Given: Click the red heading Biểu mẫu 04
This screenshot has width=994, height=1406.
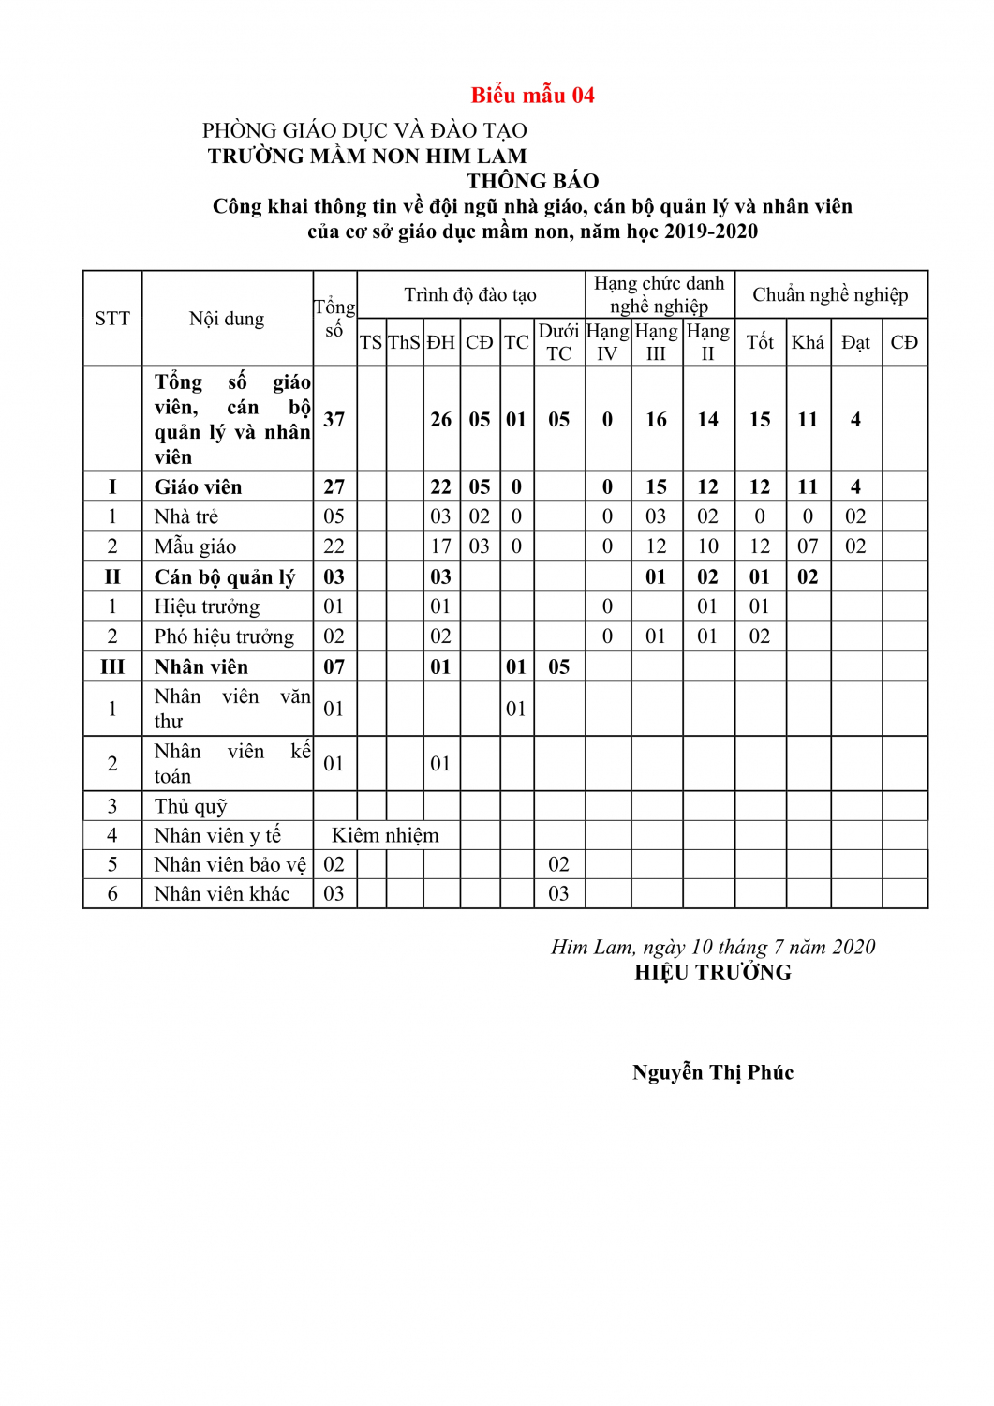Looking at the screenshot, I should click(532, 95).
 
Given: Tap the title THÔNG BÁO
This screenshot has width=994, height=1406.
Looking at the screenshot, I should click(532, 181).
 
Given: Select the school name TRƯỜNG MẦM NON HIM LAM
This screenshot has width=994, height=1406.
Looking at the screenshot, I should click(367, 156).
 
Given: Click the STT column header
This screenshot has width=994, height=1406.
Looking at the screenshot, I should click(112, 319).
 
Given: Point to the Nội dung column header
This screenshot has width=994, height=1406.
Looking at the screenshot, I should click(227, 319).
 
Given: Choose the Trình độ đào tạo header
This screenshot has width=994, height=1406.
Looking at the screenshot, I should click(470, 295).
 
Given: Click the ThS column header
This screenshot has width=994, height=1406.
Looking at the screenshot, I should click(404, 342).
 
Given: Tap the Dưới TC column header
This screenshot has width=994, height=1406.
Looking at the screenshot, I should click(558, 342).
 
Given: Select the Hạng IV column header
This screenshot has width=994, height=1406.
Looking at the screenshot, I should click(607, 342).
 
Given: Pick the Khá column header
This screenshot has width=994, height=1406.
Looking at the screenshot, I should click(808, 342).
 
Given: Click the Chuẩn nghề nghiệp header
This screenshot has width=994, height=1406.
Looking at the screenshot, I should click(830, 295).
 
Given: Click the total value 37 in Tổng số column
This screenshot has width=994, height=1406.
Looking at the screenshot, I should click(334, 419).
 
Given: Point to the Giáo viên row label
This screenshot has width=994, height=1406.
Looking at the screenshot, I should click(198, 486).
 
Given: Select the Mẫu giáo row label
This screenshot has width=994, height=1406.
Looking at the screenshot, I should click(195, 546).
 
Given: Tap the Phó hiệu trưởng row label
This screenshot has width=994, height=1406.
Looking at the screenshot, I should click(224, 636).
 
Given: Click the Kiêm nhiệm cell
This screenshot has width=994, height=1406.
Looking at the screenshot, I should click(385, 835).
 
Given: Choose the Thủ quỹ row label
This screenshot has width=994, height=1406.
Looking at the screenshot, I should click(190, 806).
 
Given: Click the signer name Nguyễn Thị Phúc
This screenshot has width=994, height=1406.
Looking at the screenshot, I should click(713, 1072).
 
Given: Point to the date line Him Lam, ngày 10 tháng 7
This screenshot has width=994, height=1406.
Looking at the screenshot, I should click(713, 947).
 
